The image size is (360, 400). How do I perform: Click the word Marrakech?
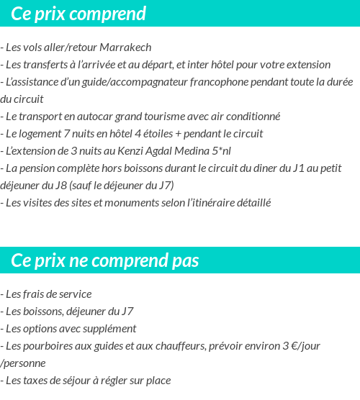[125, 47]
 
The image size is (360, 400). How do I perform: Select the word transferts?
[48, 65]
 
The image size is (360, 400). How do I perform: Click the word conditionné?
[251, 117]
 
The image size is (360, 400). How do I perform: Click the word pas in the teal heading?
[185, 260]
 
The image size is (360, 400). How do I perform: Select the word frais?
[34, 294]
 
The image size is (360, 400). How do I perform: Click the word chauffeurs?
[178, 346]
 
